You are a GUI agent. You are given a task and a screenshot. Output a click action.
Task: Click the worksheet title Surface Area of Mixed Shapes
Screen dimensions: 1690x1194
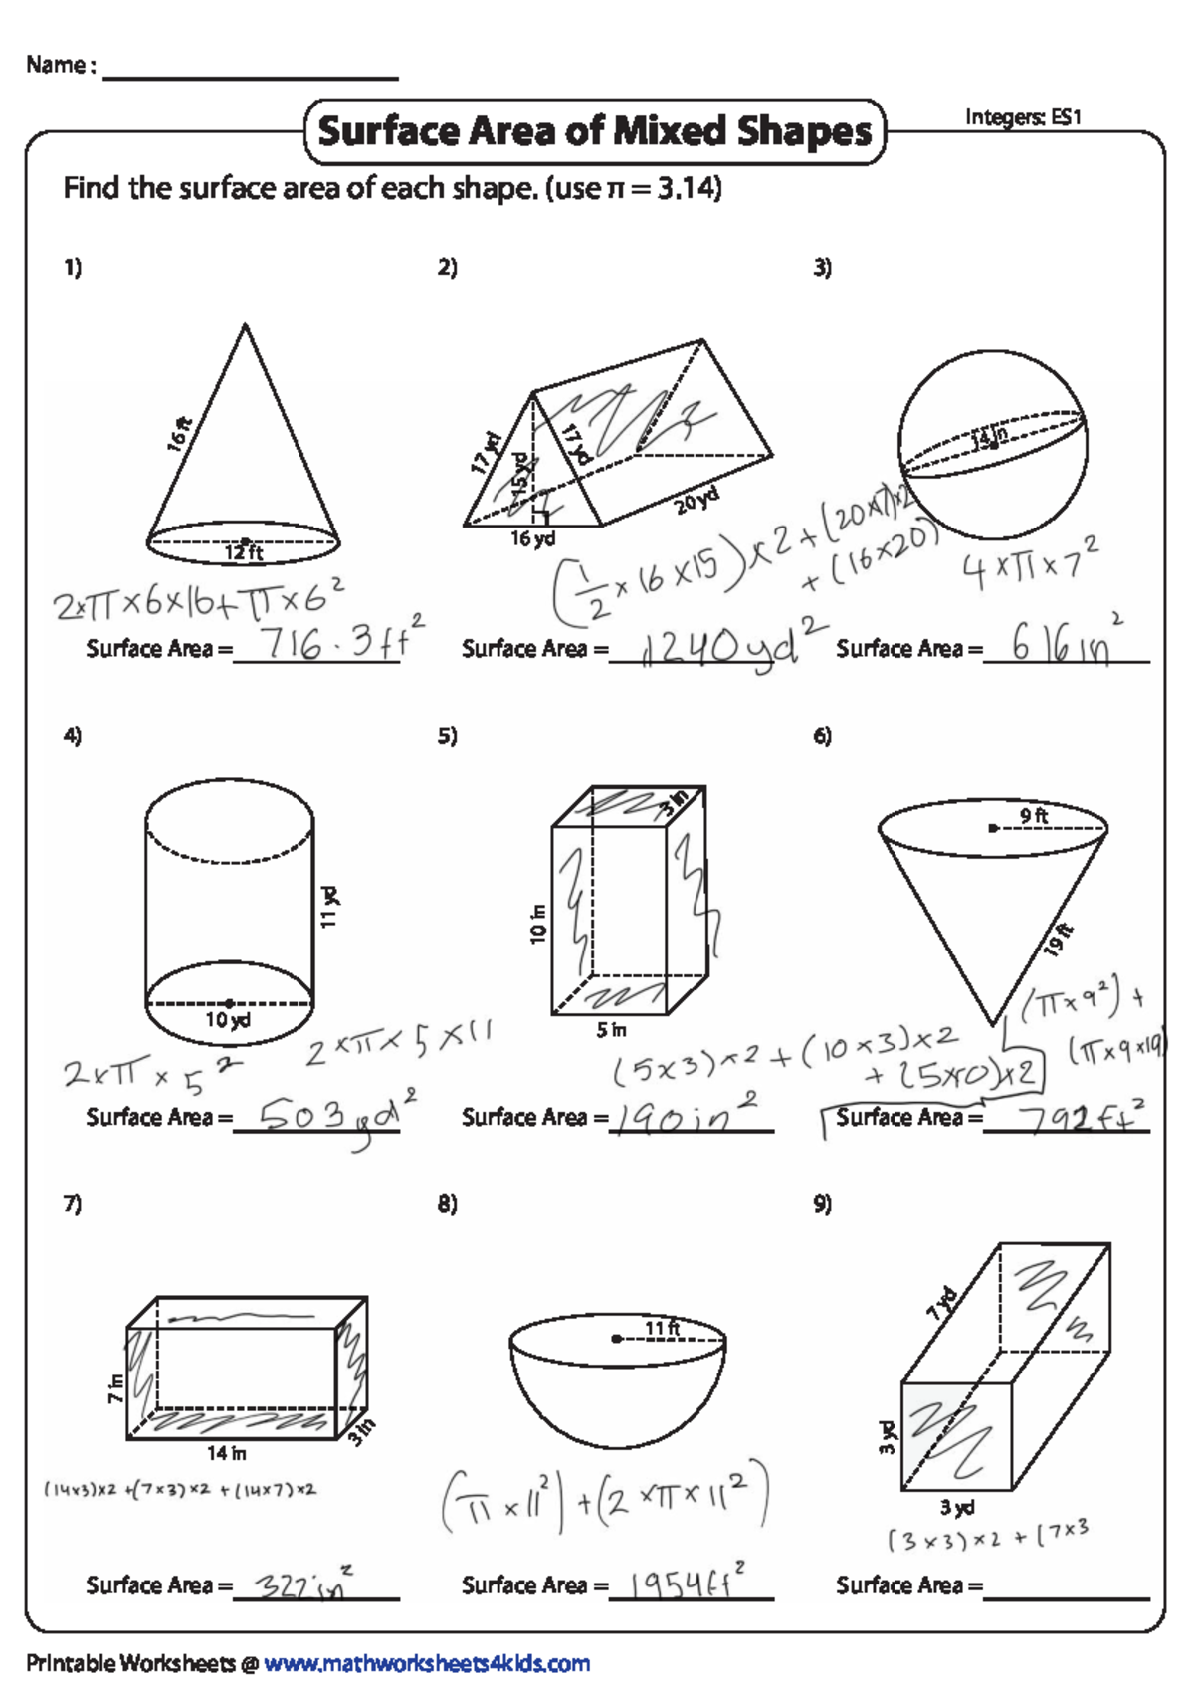point(594,131)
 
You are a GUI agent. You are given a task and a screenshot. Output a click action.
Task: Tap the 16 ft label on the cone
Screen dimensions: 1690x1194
point(180,434)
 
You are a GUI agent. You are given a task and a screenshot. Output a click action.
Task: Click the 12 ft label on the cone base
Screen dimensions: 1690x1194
point(243,552)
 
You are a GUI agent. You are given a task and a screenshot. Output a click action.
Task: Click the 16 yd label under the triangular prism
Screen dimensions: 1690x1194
point(532,538)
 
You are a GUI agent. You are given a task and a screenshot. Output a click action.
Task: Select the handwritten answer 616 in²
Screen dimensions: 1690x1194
point(1065,644)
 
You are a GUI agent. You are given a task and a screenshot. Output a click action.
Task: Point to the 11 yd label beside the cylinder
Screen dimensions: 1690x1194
point(329,905)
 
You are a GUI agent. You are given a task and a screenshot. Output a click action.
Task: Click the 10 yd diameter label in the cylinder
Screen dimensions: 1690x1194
point(228,1020)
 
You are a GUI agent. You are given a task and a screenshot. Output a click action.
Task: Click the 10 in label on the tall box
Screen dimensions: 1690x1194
point(538,924)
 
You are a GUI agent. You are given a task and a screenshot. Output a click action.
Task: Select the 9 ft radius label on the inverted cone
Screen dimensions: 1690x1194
point(1033,816)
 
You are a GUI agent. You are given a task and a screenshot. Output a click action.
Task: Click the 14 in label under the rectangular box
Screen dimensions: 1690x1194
point(226,1453)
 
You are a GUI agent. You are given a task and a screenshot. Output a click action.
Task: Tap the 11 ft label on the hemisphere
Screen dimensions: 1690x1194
point(662,1328)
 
